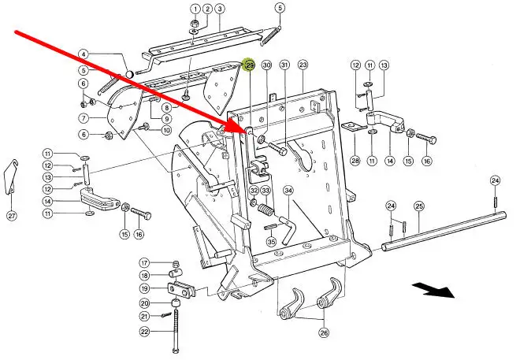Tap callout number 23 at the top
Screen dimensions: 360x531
(x=303, y=65)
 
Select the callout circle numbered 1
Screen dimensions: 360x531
(x=194, y=9)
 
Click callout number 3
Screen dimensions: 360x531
(x=220, y=9)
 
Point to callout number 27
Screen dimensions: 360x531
(x=11, y=215)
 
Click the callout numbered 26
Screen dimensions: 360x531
(x=324, y=332)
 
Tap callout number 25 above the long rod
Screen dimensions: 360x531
(x=419, y=206)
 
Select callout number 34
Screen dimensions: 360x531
(x=288, y=191)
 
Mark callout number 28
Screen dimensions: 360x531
(x=355, y=160)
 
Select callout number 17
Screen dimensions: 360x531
(x=144, y=262)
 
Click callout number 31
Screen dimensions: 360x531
(x=284, y=65)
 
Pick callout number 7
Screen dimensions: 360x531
(x=83, y=118)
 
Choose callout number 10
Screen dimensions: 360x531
(x=166, y=129)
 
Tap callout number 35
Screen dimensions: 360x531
(x=271, y=242)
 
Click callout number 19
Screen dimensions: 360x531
(x=144, y=288)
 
